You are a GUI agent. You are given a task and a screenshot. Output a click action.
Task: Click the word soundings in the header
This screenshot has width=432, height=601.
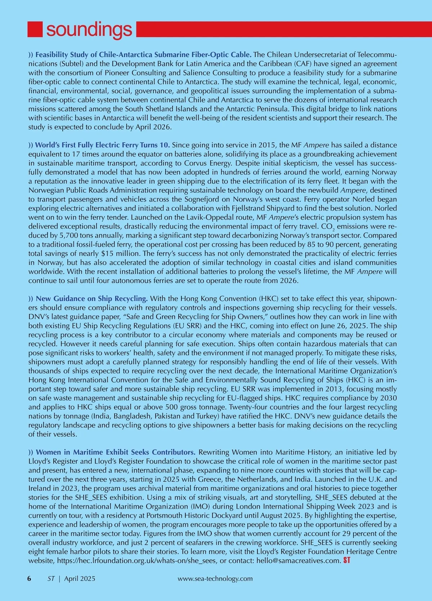tap(89, 29)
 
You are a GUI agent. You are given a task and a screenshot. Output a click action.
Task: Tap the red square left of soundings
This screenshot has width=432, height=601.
tap(35, 29)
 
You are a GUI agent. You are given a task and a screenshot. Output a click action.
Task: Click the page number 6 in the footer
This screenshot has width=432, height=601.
tap(29, 578)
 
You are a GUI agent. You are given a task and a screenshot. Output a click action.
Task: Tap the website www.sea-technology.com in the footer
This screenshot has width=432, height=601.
tap(215, 578)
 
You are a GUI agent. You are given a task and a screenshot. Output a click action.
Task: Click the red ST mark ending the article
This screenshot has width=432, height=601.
tap(347, 560)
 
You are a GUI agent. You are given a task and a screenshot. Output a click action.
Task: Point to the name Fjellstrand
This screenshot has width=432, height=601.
tap(243, 208)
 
